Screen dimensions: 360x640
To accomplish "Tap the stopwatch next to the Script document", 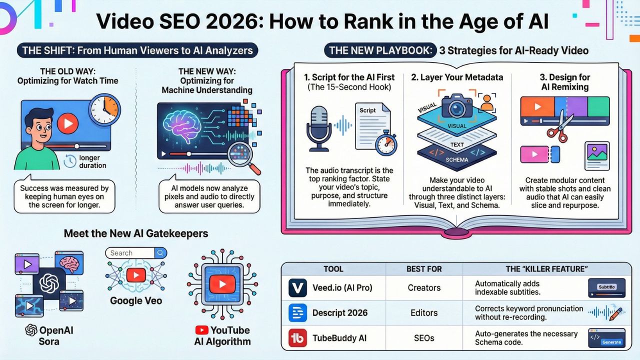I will [386, 142].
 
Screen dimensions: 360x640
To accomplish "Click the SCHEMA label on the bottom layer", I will [456, 159].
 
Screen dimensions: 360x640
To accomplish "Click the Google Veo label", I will [136, 301].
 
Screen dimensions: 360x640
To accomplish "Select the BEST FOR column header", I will [423, 269].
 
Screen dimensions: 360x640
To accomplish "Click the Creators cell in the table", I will [423, 287].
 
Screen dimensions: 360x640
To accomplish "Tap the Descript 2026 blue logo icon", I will [298, 312].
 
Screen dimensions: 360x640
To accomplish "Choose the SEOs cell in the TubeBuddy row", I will [423, 338].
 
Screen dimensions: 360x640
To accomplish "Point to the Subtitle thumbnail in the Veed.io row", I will [606, 287].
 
